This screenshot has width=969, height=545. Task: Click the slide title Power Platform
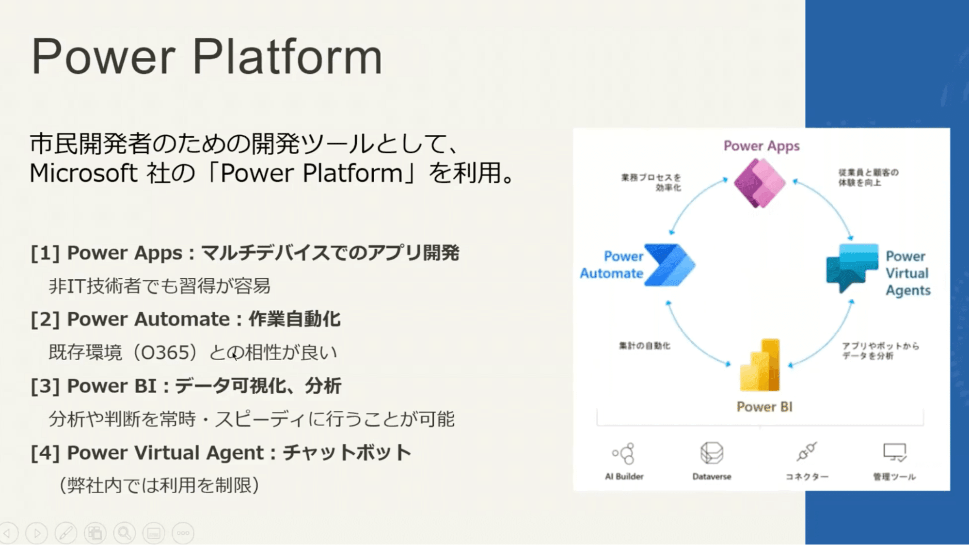207,57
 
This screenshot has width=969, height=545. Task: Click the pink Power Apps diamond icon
760,183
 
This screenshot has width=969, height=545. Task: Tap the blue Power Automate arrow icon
669,265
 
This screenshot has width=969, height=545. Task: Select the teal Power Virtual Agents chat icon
852,267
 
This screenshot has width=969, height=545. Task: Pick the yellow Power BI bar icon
760,365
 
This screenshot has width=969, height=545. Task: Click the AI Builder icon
623,453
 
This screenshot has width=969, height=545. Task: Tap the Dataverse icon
712,453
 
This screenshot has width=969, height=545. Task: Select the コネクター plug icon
807,452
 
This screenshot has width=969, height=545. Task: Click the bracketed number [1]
45,253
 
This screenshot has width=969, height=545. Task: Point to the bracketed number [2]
45,320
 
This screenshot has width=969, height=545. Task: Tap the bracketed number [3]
45,386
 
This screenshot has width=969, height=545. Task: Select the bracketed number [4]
45,453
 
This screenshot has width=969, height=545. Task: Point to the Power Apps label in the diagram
761,146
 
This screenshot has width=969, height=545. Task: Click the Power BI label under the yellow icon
764,407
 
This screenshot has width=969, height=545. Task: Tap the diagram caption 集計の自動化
644,346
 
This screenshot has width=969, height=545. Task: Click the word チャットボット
347,453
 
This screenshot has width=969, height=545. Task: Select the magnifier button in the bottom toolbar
124,533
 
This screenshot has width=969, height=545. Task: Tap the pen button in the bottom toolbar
65,533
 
